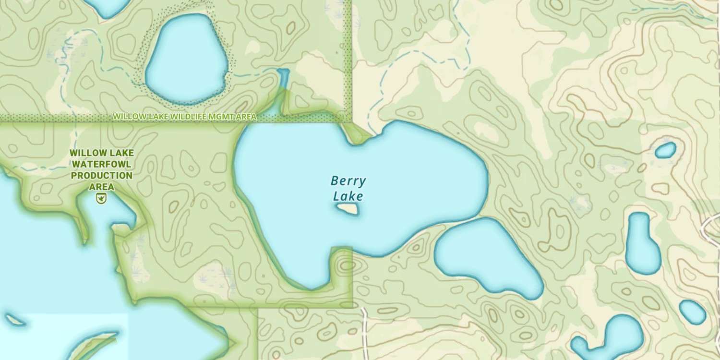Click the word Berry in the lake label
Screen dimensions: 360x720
tap(348, 181)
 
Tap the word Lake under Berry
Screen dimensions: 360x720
tap(348, 196)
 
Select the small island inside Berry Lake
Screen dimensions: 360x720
tap(347, 209)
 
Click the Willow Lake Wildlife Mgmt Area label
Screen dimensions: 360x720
tap(185, 117)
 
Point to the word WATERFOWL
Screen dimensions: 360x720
tap(101, 164)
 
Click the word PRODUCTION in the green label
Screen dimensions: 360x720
tap(101, 176)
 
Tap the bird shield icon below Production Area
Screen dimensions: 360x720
tap(101, 198)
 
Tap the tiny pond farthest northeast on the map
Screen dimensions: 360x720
tap(666, 150)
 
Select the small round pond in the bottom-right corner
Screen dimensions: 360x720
tap(693, 312)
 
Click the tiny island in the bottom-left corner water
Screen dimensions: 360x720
tap(14, 320)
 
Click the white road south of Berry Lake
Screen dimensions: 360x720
tap(364, 331)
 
